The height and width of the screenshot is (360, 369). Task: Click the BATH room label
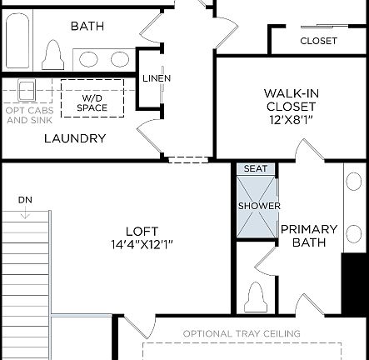click(87, 26)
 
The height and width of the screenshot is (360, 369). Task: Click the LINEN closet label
click(157, 78)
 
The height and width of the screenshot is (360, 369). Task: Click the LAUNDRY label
click(75, 138)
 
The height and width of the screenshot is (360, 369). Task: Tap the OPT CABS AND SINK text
click(28, 115)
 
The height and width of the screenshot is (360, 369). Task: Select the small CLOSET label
click(318, 40)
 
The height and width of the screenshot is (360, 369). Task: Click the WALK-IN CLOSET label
click(291, 99)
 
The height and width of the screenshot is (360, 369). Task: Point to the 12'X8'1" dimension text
click(291, 120)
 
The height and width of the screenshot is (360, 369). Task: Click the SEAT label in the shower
click(255, 168)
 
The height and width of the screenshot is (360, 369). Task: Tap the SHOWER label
click(259, 206)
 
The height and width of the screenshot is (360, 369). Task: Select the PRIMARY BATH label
click(308, 236)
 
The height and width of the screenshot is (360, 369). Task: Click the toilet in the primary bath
click(256, 296)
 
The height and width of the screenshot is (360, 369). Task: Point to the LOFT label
click(142, 231)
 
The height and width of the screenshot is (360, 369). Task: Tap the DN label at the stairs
click(25, 200)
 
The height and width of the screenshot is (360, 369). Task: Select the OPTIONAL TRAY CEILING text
click(242, 334)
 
